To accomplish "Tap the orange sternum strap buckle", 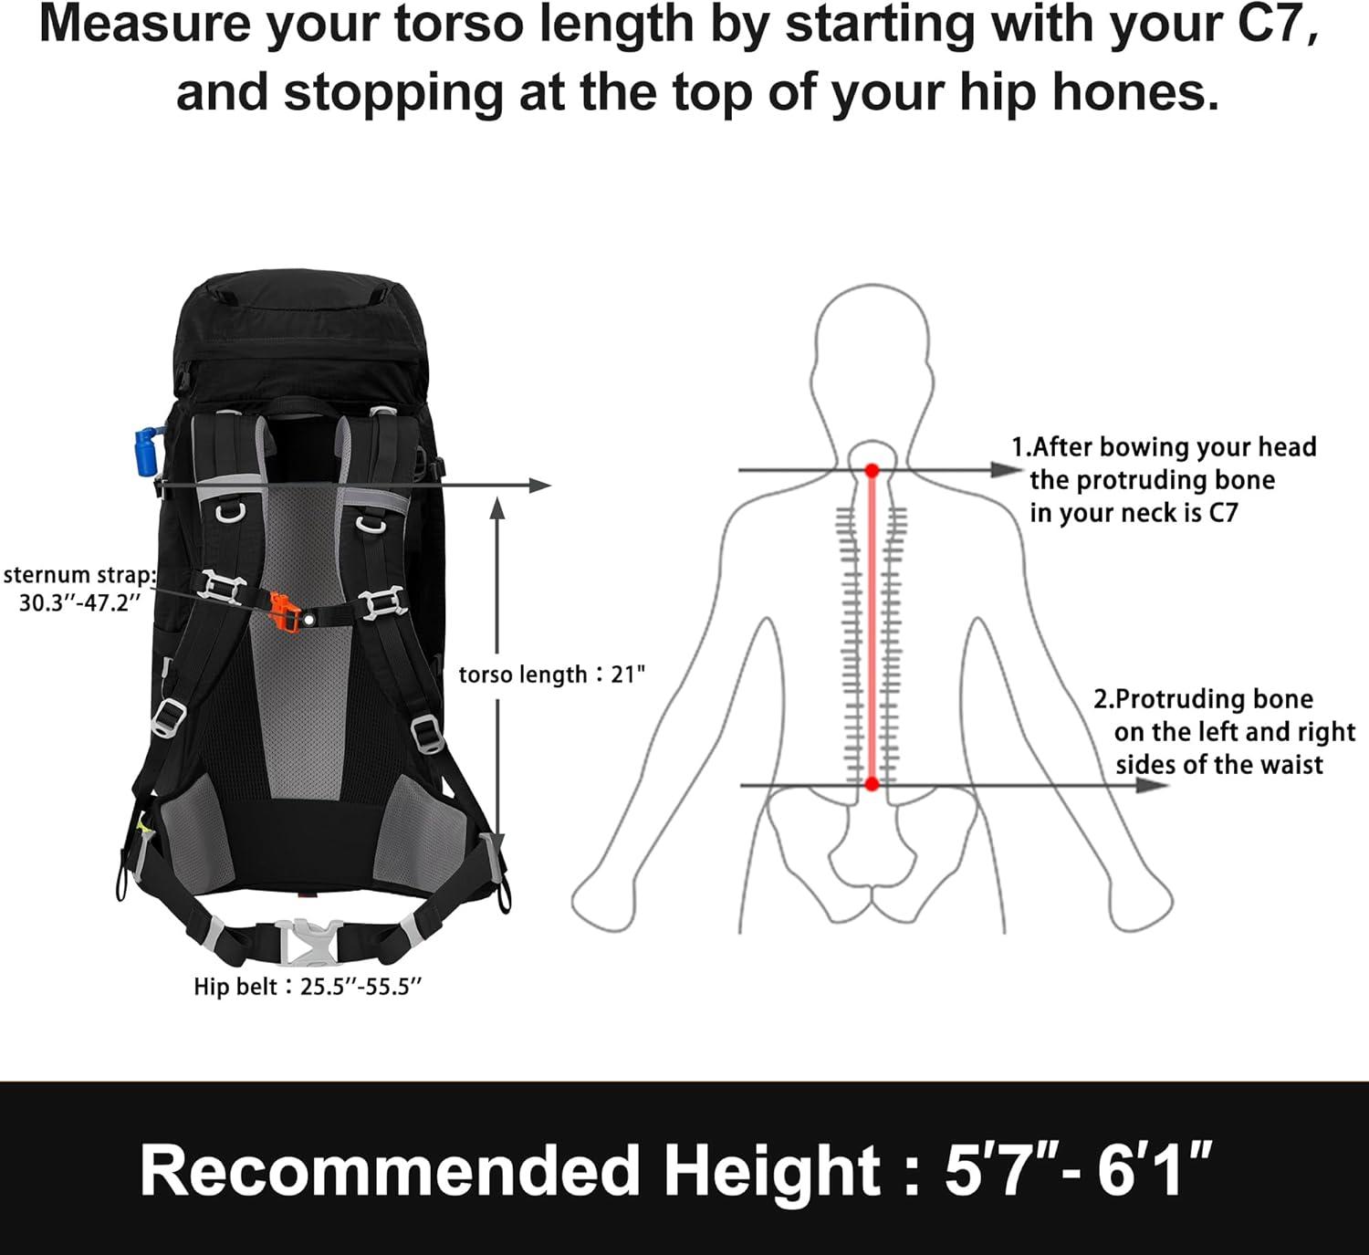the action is tap(285, 612).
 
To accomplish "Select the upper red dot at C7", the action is tap(872, 470).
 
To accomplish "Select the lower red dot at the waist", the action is tap(872, 785).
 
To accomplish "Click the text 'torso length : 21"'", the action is tap(551, 675).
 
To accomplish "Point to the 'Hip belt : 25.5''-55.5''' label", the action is tap(308, 988).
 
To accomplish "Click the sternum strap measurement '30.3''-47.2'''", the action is tap(79, 603).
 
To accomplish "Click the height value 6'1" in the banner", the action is tap(1154, 1170).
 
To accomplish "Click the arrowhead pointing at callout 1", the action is tap(1006, 470).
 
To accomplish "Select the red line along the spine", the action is tap(872, 628).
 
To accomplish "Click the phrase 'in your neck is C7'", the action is tap(1134, 514).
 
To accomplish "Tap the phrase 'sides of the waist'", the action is tap(1218, 765).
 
